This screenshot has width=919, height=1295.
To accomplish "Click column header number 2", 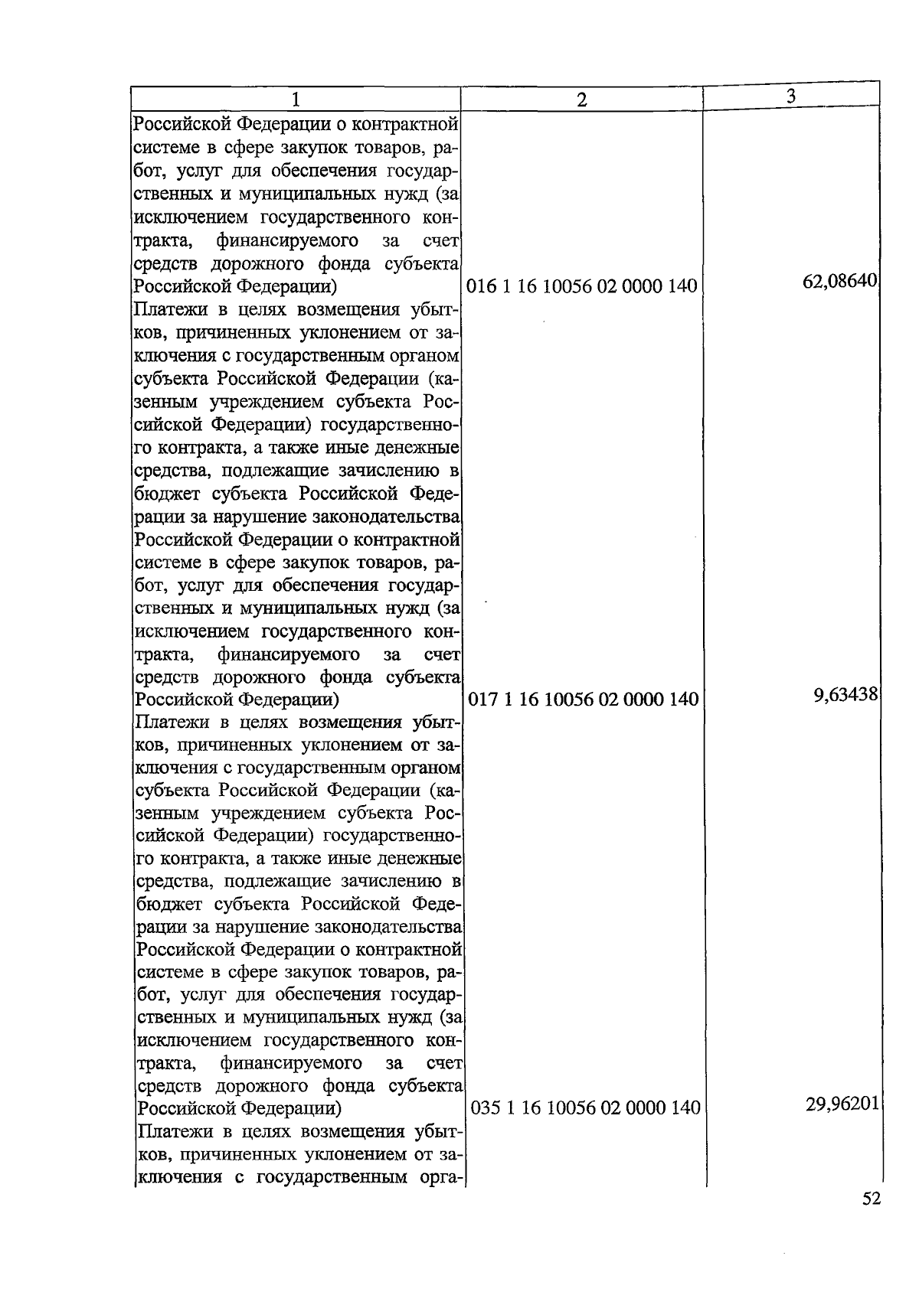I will click(582, 99).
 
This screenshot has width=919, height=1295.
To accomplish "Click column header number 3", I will click(791, 95).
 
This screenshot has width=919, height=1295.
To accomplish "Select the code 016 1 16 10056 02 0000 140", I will click(582, 286).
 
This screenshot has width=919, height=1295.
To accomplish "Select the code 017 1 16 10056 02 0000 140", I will click(584, 699).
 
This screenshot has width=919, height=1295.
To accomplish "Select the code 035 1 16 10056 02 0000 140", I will click(585, 1107).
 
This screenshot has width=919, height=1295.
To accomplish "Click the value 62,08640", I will click(839, 281).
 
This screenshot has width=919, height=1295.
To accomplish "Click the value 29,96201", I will click(841, 1104).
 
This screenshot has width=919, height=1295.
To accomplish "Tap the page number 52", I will click(872, 1199).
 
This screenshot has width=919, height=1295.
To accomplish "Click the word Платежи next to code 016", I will click(170, 310).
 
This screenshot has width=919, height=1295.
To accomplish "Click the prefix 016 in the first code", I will click(481, 286).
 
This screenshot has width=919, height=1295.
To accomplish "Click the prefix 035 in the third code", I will click(485, 1107).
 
